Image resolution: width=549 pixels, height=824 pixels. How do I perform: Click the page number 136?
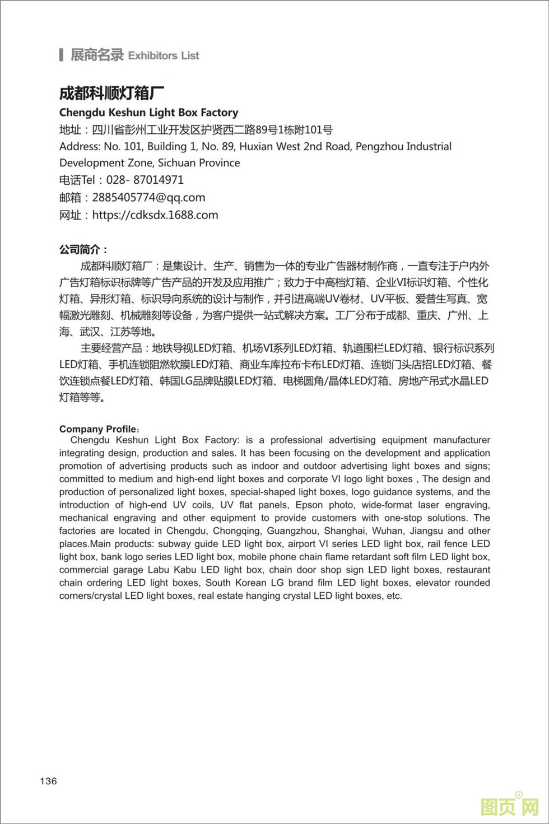click(x=48, y=781)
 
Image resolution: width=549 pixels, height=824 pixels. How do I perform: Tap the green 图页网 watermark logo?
click(x=509, y=807)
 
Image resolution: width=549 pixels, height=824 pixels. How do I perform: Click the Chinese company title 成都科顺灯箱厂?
click(x=111, y=93)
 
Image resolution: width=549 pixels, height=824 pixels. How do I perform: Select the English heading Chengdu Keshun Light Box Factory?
click(x=148, y=113)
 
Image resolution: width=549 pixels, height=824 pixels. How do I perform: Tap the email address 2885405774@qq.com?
click(x=148, y=197)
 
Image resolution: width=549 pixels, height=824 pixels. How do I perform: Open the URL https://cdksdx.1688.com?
click(x=155, y=215)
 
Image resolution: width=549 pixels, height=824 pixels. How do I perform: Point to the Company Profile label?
click(x=98, y=429)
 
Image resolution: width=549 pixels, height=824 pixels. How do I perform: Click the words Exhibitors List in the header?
click(x=164, y=55)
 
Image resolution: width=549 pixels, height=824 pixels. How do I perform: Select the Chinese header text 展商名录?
click(x=96, y=55)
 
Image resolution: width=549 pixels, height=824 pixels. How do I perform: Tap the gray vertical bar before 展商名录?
click(x=61, y=55)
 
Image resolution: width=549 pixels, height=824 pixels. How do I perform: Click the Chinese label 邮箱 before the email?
click(x=70, y=197)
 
